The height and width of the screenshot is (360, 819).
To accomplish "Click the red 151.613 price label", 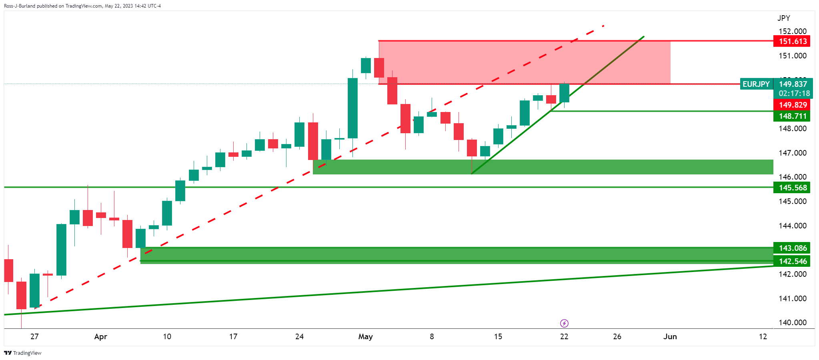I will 791,41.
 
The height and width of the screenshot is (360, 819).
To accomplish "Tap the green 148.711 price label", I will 791,116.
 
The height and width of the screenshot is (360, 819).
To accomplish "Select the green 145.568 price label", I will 791,188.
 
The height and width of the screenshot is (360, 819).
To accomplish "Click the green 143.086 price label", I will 791,248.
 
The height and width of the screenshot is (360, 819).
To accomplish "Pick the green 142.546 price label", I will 791,261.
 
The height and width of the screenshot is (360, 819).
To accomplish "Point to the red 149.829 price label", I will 791,105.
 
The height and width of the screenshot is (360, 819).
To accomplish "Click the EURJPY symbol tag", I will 756,84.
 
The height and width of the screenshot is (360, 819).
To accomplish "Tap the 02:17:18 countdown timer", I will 794,93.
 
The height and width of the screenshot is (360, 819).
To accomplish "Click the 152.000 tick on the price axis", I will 792,31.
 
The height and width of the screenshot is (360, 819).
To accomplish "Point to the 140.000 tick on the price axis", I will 792,322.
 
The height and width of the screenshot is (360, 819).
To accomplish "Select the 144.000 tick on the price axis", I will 792,226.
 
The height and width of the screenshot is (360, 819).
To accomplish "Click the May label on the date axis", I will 365,336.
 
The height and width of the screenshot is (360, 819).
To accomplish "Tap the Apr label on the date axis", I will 100,336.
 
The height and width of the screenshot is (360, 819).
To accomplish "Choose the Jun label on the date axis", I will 670,336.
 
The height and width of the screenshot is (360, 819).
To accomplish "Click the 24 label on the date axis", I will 299,336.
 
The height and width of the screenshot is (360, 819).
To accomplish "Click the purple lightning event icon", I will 564,323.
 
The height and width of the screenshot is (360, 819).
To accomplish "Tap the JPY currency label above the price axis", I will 783,18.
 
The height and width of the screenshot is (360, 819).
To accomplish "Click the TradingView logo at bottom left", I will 23,353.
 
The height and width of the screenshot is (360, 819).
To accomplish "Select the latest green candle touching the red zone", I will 564,93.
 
